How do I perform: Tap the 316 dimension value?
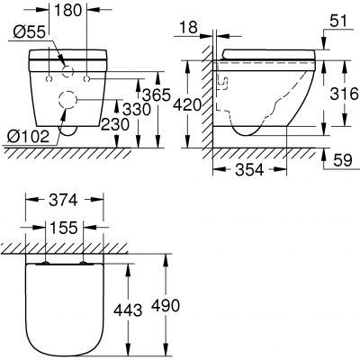click(x=339, y=95)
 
